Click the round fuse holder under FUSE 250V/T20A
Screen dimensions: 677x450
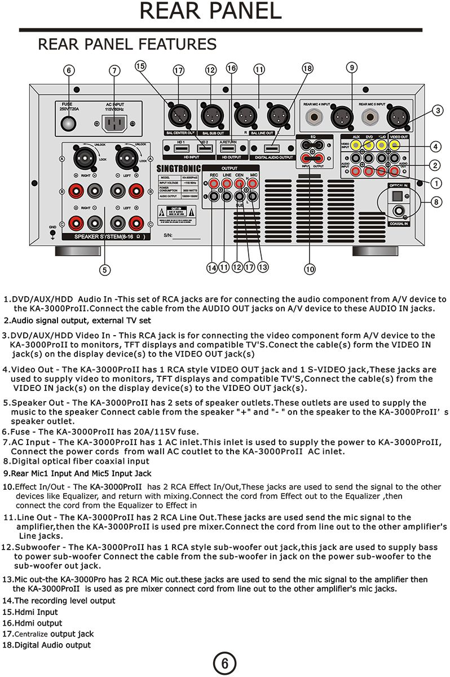(69, 124)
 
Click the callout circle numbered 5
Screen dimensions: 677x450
(105, 270)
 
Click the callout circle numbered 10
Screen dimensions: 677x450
(310, 270)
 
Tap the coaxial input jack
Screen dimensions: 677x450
(400, 212)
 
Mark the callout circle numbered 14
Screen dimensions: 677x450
(212, 269)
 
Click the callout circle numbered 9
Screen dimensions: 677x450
(352, 68)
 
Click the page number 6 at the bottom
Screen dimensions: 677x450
(224, 663)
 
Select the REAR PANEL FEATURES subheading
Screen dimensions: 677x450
(127, 44)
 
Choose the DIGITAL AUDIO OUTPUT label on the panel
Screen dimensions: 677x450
(274, 157)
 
